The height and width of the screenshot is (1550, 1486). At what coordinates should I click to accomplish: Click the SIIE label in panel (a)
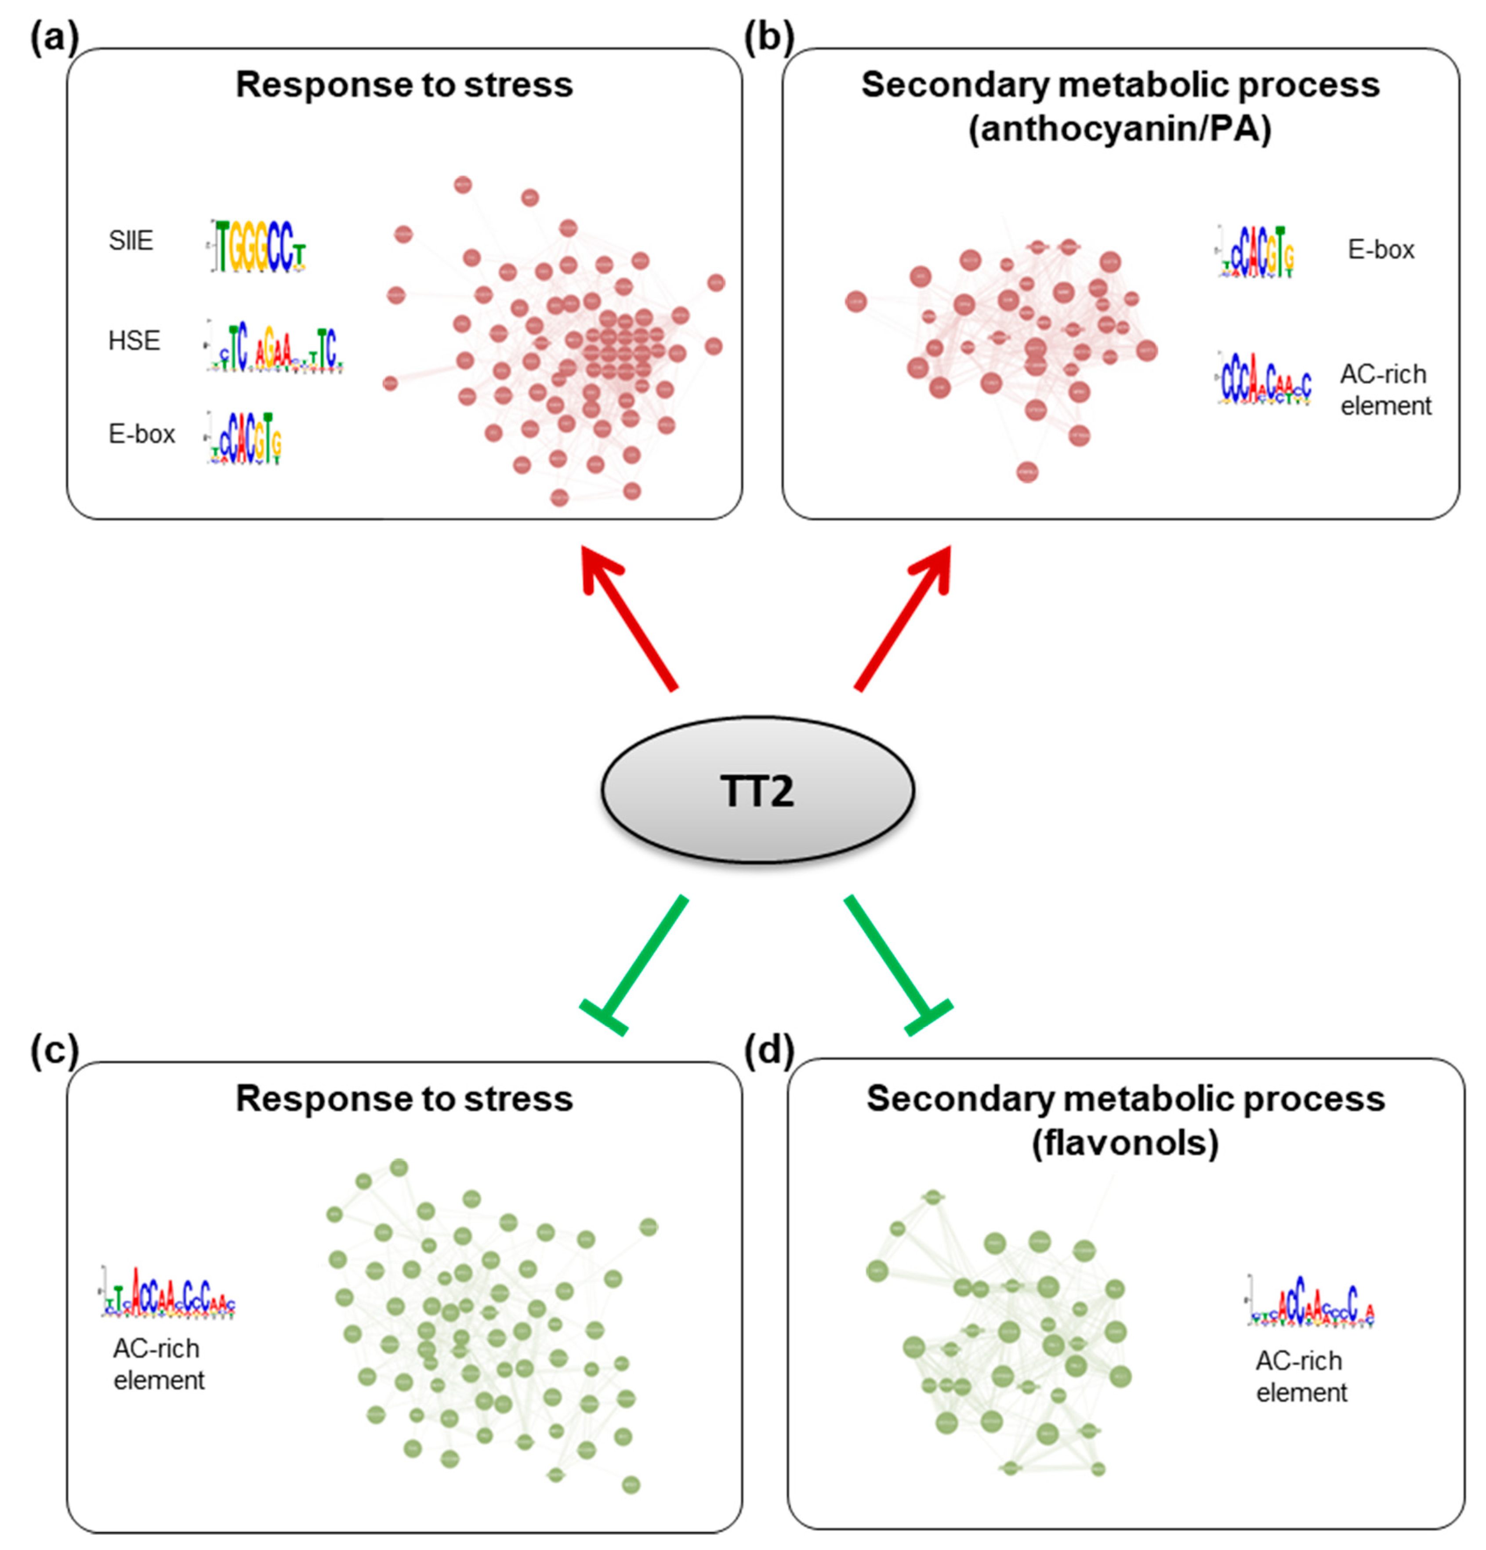[130, 240]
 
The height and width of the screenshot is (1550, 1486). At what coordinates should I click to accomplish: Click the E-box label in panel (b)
[1380, 250]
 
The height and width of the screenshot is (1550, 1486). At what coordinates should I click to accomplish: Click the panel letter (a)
[54, 38]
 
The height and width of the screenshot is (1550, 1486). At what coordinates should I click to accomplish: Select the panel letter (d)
[768, 1050]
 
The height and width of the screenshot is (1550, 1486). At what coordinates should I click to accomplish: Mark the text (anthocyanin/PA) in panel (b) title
[1120, 129]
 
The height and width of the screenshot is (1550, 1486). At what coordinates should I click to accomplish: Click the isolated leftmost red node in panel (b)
[855, 301]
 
